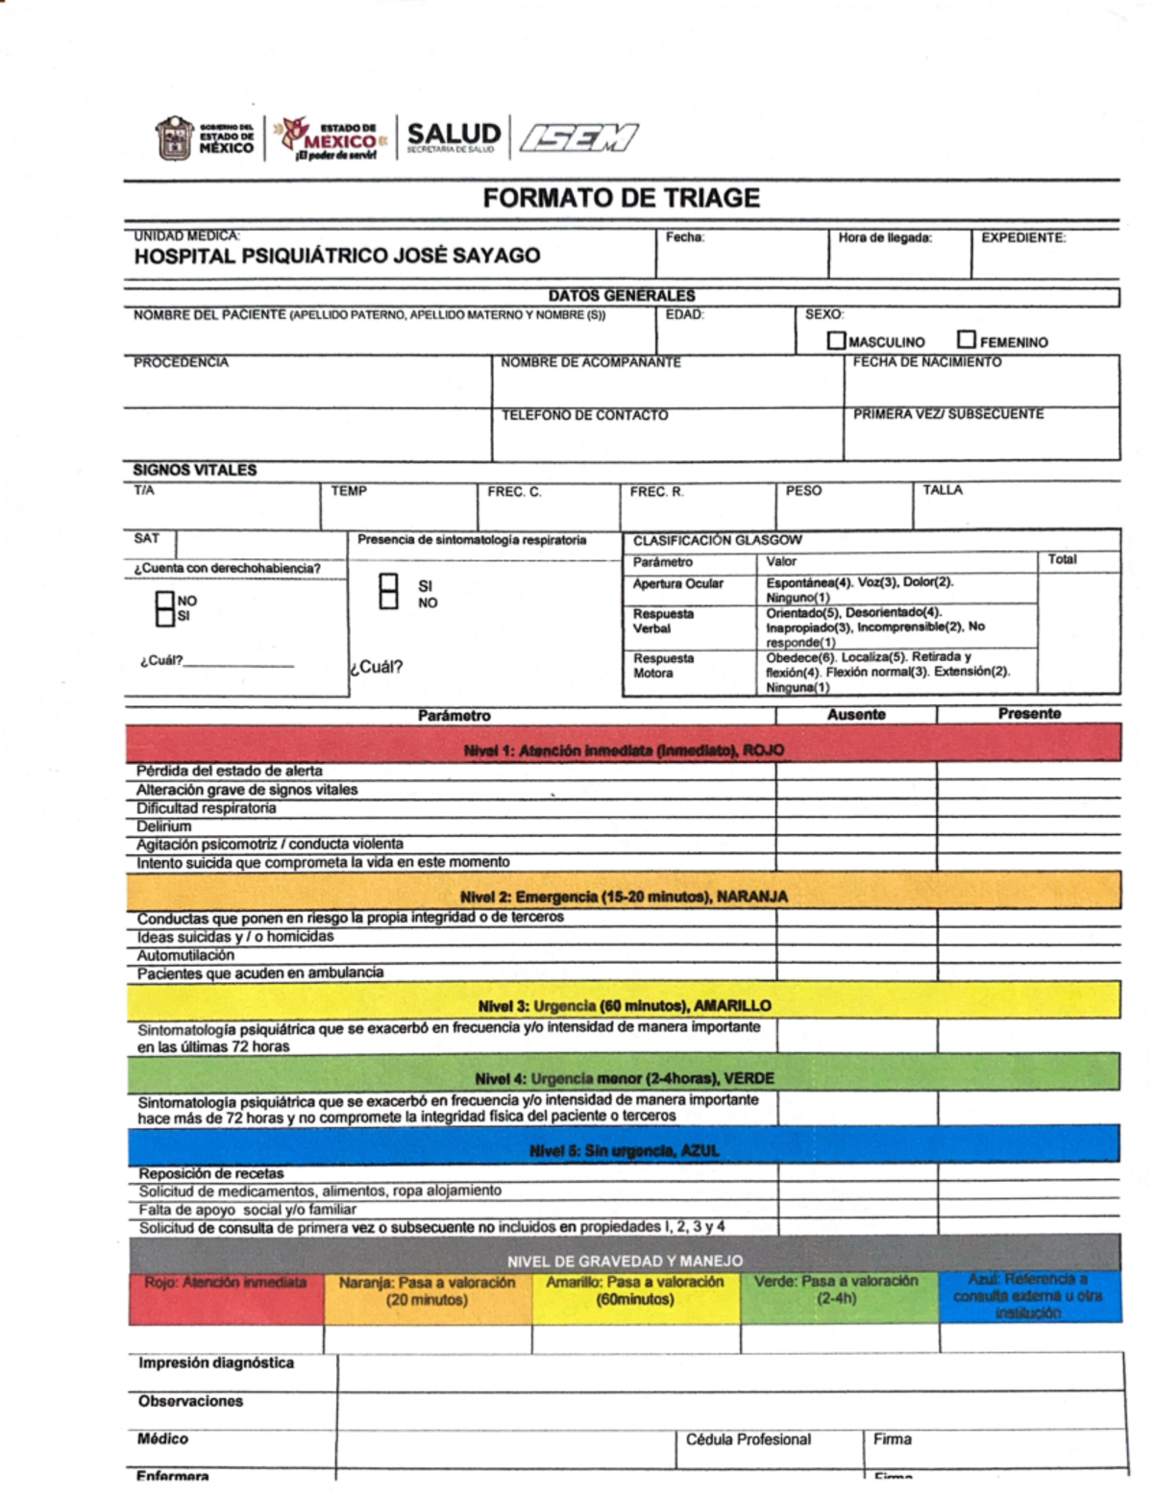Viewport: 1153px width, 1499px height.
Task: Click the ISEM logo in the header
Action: (577, 138)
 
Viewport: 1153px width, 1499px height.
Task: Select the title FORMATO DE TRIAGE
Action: (621, 199)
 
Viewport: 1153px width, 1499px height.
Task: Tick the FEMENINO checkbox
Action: (966, 340)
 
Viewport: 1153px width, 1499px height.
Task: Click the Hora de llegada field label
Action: (884, 237)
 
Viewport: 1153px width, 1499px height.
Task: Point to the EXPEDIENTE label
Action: (1023, 237)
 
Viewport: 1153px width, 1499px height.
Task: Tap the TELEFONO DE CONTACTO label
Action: (584, 415)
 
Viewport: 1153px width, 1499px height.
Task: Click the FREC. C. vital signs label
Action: (514, 491)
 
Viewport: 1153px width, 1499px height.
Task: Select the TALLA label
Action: (942, 490)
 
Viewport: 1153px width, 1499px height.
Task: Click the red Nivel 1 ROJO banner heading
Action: (624, 750)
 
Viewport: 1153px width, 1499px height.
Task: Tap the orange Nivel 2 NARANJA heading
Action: (624, 897)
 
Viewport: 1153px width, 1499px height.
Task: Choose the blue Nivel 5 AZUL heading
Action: (624, 1151)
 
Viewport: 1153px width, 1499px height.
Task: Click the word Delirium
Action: (164, 826)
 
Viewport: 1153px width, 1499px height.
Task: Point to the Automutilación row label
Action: (185, 955)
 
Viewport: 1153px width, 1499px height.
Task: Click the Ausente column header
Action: (856, 715)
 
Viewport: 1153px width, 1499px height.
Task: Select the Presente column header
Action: (1029, 714)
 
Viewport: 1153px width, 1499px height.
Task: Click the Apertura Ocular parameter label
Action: (678, 583)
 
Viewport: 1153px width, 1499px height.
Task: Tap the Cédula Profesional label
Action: (748, 1439)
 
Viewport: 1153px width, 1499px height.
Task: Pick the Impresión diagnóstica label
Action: (216, 1363)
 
